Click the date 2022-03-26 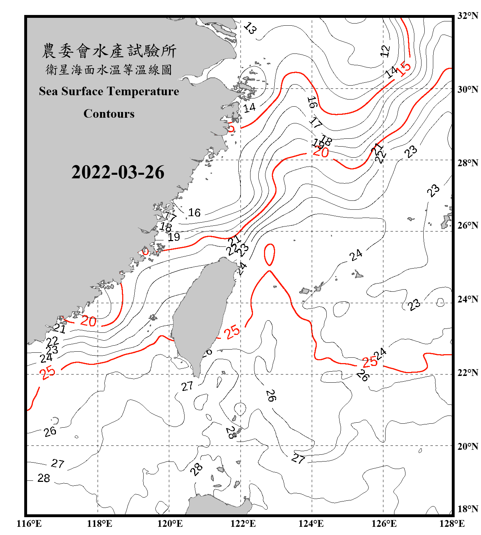point(118,172)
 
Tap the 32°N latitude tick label point(467,16)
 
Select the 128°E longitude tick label point(452,524)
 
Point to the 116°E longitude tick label point(29,524)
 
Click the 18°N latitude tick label point(467,509)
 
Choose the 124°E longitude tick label point(311,524)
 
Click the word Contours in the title point(109,114)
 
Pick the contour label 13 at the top point(250,28)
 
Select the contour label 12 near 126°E point(385,51)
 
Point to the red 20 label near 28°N point(321,152)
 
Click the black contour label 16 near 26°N point(194,213)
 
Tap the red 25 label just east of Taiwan point(232,332)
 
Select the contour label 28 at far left point(43,478)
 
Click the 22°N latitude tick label point(467,373)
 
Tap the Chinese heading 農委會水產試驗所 point(109,51)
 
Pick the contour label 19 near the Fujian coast point(174,237)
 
